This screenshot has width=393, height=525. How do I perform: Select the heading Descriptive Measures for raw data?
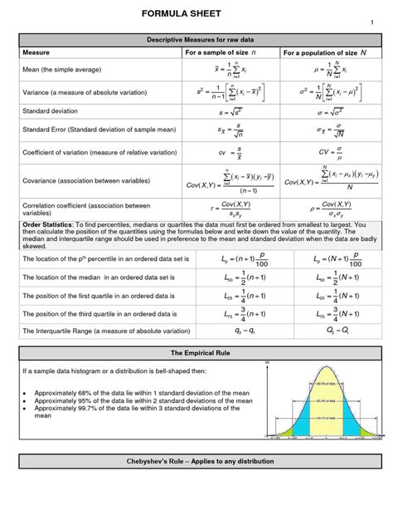tap(196, 40)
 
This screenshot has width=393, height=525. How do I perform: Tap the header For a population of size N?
tap(325, 52)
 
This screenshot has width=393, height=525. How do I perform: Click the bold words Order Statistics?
tap(47, 225)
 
